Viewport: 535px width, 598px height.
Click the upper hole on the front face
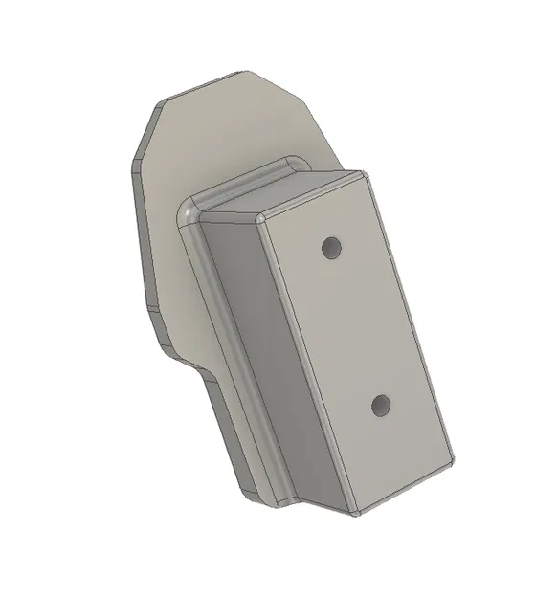point(332,248)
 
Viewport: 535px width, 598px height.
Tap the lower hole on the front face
point(382,407)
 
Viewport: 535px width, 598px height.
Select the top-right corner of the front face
point(367,175)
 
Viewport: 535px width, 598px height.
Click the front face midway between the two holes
point(357,327)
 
